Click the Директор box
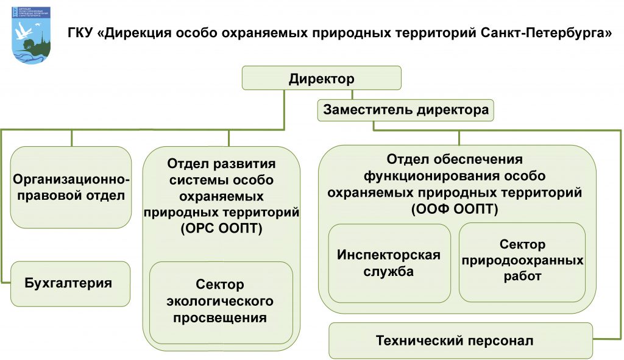322,78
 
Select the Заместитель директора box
405,110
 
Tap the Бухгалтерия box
70,284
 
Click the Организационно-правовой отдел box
71,188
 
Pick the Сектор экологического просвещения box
221,302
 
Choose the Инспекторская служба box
389,263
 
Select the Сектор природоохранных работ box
522,262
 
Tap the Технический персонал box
461,341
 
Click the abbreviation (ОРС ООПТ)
221,228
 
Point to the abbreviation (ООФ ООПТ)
455,209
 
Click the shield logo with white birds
32,35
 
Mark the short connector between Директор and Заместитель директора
352,94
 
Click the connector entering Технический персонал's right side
608,339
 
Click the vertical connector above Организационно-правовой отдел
72,138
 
